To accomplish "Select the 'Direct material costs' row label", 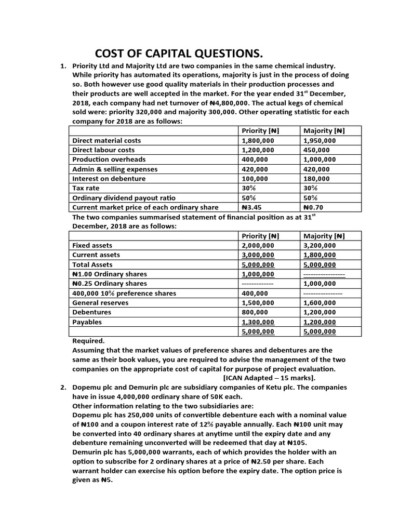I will pos(107,140).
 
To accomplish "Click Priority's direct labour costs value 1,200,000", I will pos(258,150).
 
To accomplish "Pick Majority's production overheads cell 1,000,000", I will pos(320,159).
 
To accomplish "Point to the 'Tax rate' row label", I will pos(86,188).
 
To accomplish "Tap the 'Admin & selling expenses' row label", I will pos(115,169).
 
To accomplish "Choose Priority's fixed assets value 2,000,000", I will pos(258,245).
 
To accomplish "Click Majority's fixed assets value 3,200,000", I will pos(320,245).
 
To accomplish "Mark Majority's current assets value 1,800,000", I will pos(320,255).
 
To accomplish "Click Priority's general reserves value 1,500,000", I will pos(258,303).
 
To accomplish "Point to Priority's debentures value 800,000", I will pos(255,312).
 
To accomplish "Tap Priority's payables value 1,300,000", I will pos(258,322).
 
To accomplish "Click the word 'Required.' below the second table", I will pos(88,341).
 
